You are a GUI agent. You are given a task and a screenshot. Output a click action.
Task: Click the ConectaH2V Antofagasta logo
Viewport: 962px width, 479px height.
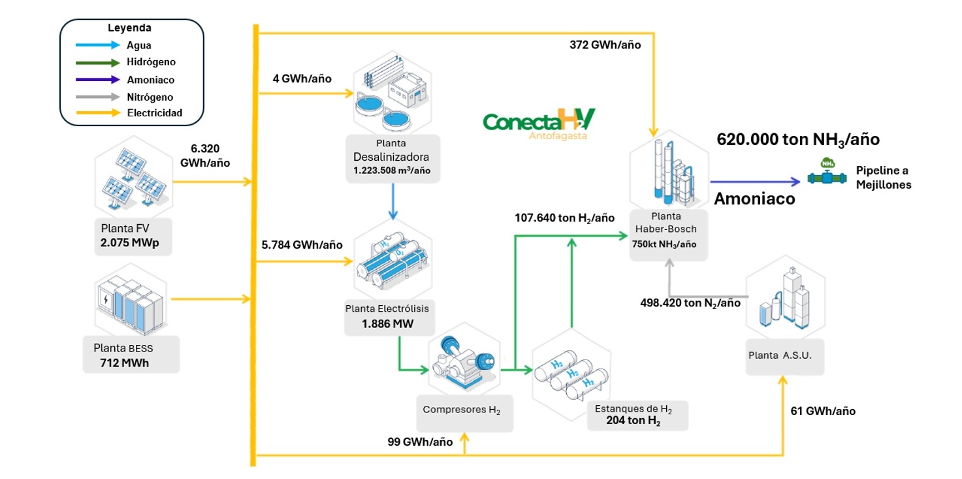[539, 124]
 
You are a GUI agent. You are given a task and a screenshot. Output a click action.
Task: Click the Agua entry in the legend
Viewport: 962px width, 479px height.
[139, 46]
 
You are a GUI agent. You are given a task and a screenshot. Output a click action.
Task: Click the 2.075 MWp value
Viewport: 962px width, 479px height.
[131, 243]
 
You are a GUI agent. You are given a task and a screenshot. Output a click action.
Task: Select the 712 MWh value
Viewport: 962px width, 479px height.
[124, 363]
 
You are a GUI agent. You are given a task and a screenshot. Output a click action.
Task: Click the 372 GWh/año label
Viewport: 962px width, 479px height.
[605, 45]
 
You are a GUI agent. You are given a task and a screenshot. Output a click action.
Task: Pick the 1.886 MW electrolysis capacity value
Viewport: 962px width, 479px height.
[387, 323]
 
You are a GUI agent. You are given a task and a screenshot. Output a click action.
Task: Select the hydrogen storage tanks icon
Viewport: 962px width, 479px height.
[572, 376]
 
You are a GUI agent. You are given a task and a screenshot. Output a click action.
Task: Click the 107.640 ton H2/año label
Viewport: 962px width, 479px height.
[564, 218]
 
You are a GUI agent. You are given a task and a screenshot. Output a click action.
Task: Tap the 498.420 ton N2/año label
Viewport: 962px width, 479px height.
[690, 303]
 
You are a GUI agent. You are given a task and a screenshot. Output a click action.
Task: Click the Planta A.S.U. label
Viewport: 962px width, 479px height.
[784, 355]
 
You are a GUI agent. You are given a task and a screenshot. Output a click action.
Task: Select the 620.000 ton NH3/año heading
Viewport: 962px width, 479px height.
[798, 139]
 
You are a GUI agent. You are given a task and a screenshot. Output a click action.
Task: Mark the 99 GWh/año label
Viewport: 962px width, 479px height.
[420, 442]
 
